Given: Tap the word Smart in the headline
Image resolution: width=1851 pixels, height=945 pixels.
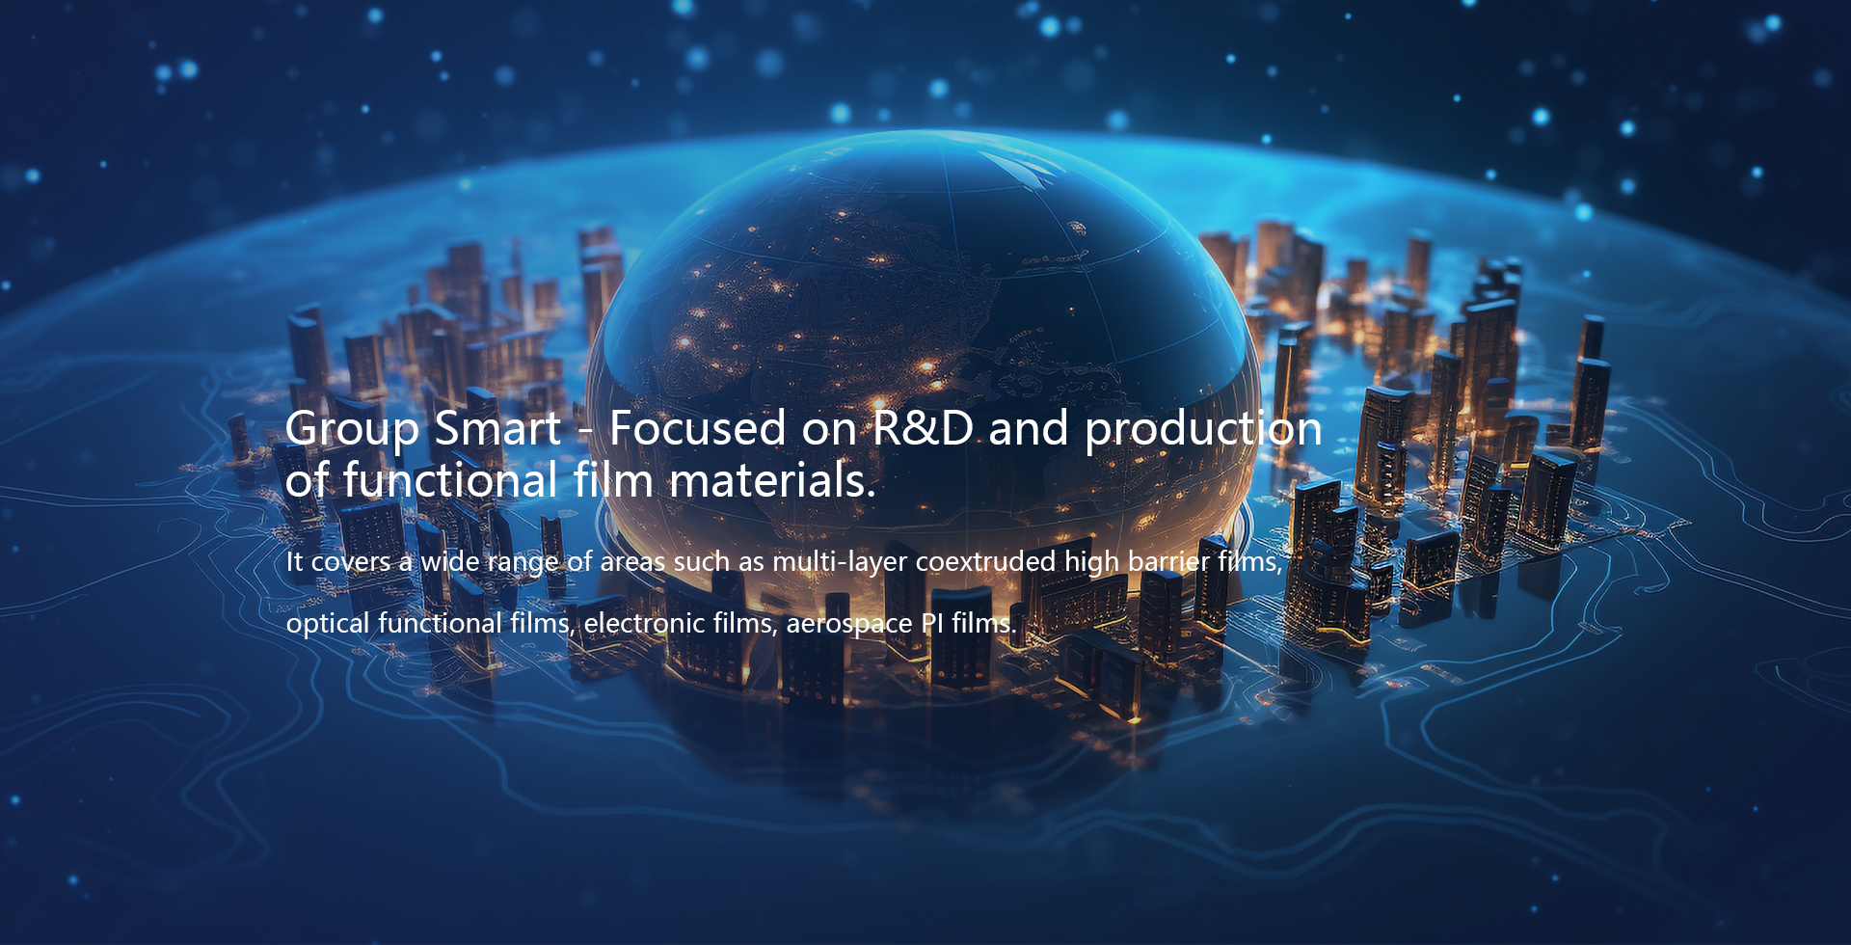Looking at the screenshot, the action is pos(497,428).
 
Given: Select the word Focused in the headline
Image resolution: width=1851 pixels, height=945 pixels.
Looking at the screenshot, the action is pos(698,428).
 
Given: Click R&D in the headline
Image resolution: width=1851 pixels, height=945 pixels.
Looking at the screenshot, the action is pos(923,428).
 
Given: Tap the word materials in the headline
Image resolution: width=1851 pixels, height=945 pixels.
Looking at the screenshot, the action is pos(772,480).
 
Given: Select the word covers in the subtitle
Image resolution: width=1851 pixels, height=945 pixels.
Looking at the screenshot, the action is pos(351,562).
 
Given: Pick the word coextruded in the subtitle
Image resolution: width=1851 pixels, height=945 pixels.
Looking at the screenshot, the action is pos(985,561).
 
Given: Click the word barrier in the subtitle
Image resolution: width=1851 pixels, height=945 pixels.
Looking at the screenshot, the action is pos(1168,561).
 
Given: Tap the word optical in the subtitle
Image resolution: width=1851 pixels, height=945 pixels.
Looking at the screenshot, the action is pos(328,624).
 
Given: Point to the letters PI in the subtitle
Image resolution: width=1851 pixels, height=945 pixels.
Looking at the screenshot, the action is pos(932,623).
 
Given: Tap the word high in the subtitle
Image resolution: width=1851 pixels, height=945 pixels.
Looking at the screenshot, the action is pos(1091,563).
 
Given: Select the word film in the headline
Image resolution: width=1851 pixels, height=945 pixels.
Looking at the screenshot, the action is pos(613,479).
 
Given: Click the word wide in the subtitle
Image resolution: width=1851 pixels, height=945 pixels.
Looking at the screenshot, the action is pos(450,561).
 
